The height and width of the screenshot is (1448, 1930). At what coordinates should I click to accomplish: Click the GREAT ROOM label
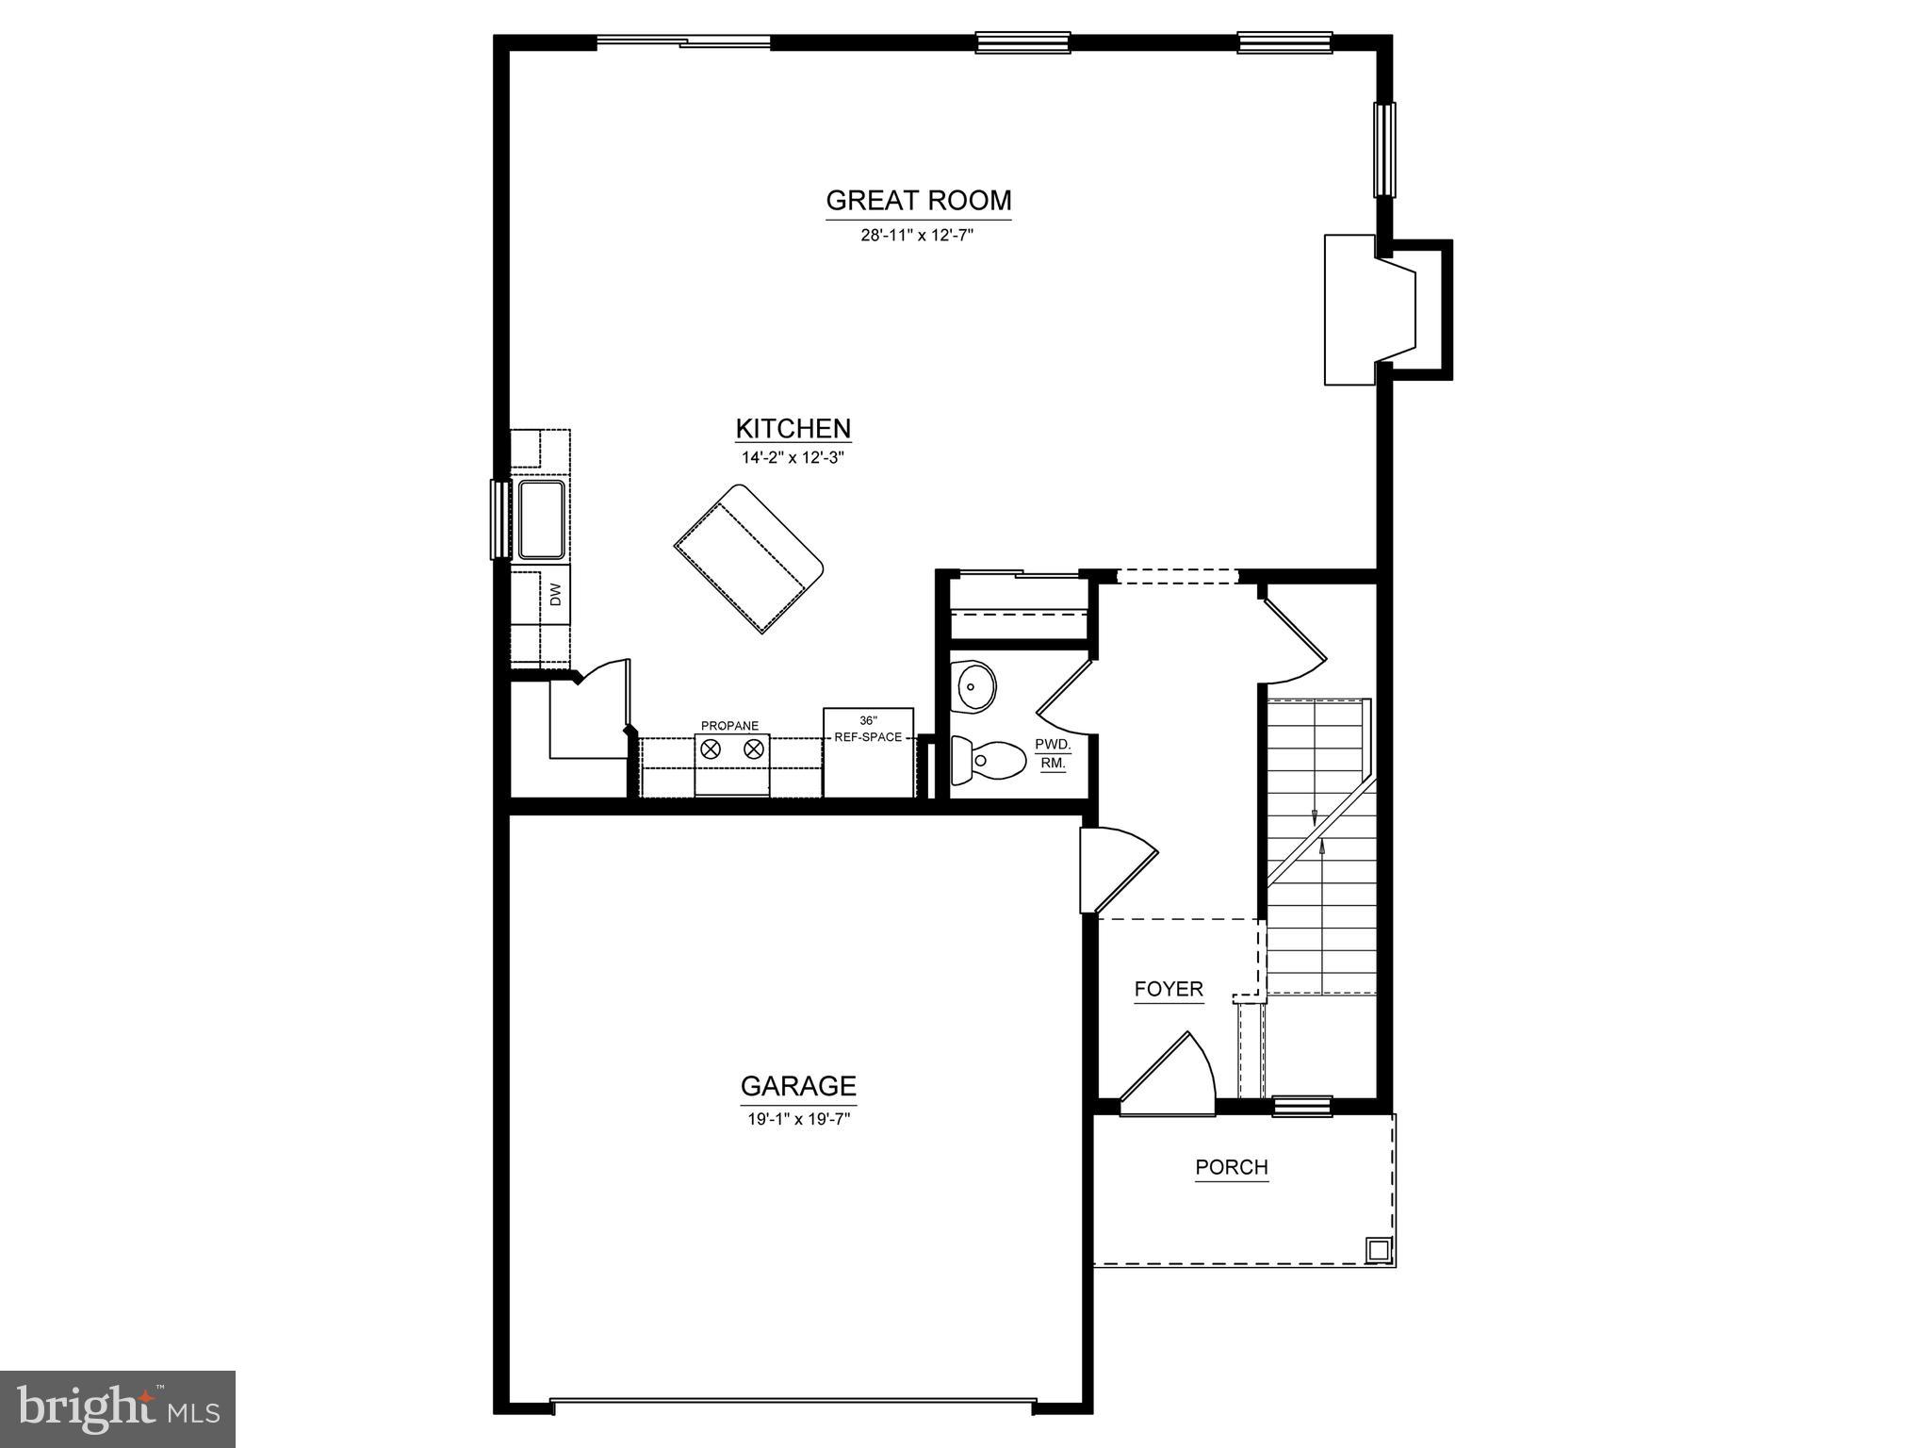click(x=918, y=201)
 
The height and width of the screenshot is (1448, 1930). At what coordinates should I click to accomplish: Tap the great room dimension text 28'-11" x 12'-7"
click(x=916, y=236)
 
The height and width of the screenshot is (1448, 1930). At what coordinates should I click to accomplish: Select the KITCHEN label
click(x=793, y=429)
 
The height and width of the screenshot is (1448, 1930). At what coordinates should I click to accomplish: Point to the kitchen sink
click(x=541, y=519)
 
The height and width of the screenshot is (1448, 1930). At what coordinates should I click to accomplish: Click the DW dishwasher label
click(x=555, y=595)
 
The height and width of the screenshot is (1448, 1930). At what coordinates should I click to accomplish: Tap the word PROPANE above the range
click(x=729, y=726)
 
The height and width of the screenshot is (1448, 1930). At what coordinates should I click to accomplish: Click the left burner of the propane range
click(x=711, y=749)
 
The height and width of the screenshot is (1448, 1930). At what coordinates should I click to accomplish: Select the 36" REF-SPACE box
click(x=868, y=751)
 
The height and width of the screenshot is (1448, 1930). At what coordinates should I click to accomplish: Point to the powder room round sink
click(x=974, y=686)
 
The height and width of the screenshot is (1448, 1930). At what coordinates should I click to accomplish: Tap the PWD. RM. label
click(x=1053, y=754)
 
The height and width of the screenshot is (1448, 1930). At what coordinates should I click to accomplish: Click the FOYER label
click(x=1169, y=989)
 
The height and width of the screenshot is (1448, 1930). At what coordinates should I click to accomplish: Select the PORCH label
click(x=1232, y=1167)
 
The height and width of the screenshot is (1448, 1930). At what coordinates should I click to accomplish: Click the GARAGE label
click(x=798, y=1087)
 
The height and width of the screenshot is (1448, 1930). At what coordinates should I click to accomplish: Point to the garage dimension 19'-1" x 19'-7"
click(x=798, y=1120)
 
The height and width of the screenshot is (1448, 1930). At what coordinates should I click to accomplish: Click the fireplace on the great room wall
click(x=1371, y=309)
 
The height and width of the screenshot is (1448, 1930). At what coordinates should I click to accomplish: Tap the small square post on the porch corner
click(x=1378, y=1250)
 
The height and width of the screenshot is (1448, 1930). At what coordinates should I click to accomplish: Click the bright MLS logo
click(x=118, y=1409)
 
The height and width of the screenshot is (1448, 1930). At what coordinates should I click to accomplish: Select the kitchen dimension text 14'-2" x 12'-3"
click(x=793, y=459)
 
